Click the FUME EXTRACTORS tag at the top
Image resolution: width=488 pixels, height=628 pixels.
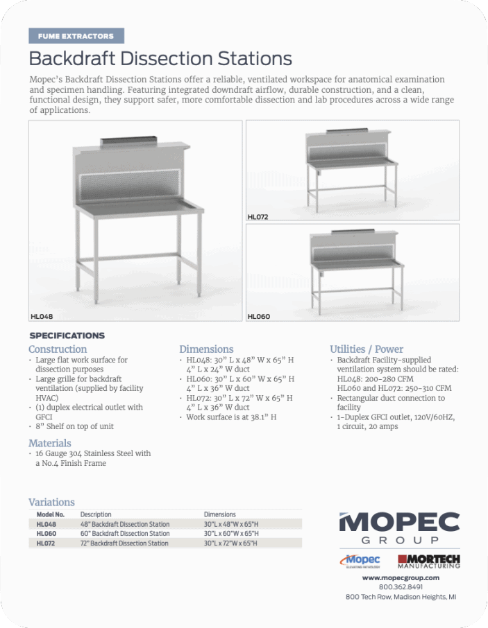pyautogui.click(x=76, y=36)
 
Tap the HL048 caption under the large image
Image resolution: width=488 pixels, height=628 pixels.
pyautogui.click(x=42, y=316)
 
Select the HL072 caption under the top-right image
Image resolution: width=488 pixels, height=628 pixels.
pyautogui.click(x=258, y=217)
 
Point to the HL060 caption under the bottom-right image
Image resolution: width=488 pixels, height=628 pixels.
pyautogui.click(x=258, y=317)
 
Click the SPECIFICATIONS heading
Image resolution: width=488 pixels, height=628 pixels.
pyautogui.click(x=67, y=335)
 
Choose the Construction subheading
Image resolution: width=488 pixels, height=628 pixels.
pyautogui.click(x=58, y=349)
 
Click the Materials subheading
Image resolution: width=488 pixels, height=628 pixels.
pyautogui.click(x=50, y=443)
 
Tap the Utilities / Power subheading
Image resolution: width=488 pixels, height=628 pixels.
pyautogui.click(x=367, y=349)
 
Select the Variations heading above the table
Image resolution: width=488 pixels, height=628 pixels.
pyautogui.click(x=51, y=502)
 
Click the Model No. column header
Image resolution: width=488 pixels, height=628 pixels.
pyautogui.click(x=50, y=515)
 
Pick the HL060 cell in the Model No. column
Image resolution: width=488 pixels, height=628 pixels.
pyautogui.click(x=47, y=534)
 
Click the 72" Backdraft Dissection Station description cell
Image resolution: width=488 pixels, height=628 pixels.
pyautogui.click(x=124, y=543)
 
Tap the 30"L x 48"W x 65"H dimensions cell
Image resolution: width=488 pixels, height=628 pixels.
pyautogui.click(x=231, y=525)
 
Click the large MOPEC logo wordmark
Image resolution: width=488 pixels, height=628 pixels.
pyautogui.click(x=399, y=522)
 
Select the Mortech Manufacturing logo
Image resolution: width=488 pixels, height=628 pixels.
pyautogui.click(x=428, y=560)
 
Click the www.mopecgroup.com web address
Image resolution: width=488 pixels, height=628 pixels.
pyautogui.click(x=401, y=577)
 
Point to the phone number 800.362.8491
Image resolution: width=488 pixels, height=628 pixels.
pyautogui.click(x=401, y=586)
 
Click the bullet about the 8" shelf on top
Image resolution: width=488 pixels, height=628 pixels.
pyautogui.click(x=74, y=426)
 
